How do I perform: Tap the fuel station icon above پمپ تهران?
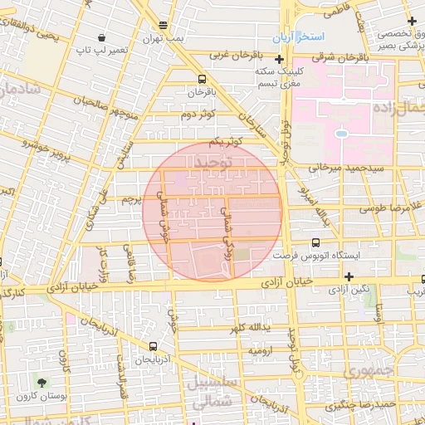163,25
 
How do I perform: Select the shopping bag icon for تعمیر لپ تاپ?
101,37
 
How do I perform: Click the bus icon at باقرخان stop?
202,80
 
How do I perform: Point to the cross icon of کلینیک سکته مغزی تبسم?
280,60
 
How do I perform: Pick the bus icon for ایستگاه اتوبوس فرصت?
315,242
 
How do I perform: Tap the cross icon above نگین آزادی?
349,276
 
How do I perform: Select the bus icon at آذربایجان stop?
152,347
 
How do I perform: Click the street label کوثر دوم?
197,113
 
